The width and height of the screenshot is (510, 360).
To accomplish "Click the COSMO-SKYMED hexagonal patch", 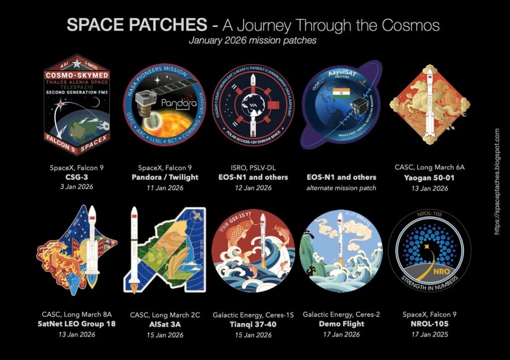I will click(x=76, y=105).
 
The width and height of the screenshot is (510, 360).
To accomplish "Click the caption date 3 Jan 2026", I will click(x=77, y=187).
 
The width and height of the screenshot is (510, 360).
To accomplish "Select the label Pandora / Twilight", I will click(x=165, y=177).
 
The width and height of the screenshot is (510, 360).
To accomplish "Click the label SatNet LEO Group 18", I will click(x=77, y=324).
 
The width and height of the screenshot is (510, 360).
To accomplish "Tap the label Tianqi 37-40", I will click(x=253, y=324).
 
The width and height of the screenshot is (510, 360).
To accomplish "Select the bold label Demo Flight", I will click(x=341, y=324).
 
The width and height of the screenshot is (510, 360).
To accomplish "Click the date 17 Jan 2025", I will click(x=429, y=334).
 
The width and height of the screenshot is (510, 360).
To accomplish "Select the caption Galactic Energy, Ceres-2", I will click(x=341, y=315).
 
